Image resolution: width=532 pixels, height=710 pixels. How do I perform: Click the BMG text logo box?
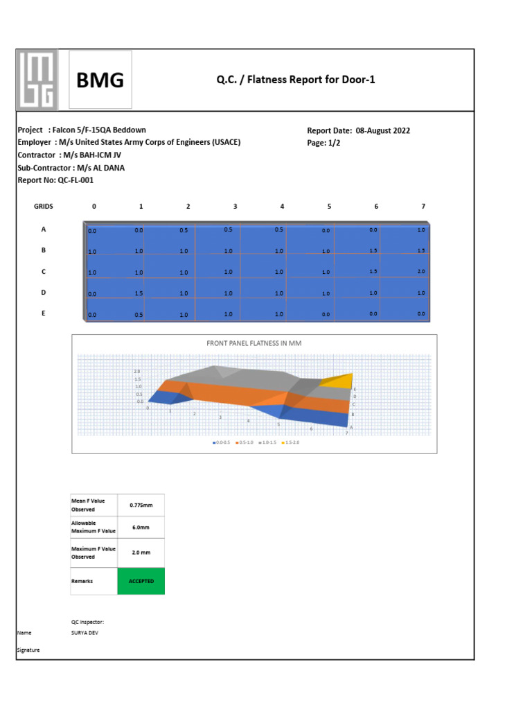click(100, 81)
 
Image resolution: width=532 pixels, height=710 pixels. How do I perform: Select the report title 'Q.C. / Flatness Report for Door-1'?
click(296, 80)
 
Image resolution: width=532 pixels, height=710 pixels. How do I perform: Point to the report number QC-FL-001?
click(55, 180)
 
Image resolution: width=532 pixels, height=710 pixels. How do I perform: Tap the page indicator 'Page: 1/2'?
click(323, 143)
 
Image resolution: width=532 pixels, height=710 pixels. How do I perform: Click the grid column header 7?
click(423, 207)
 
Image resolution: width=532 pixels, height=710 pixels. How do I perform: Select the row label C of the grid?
click(44, 272)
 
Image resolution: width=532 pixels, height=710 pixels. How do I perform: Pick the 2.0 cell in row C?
click(421, 272)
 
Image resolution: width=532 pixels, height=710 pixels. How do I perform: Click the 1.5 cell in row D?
click(139, 293)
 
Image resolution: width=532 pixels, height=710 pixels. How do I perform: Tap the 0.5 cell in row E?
click(139, 315)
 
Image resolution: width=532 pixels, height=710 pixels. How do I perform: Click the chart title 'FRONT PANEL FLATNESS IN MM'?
click(254, 343)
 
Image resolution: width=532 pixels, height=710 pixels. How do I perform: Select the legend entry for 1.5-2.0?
click(291, 442)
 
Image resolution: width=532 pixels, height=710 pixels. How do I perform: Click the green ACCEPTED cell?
click(141, 581)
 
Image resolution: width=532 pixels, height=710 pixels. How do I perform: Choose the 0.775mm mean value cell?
click(141, 505)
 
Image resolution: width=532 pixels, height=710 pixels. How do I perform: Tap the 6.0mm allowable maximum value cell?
click(141, 527)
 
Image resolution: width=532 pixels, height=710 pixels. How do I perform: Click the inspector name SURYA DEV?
click(85, 633)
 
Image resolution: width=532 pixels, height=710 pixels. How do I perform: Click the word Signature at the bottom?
click(28, 650)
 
